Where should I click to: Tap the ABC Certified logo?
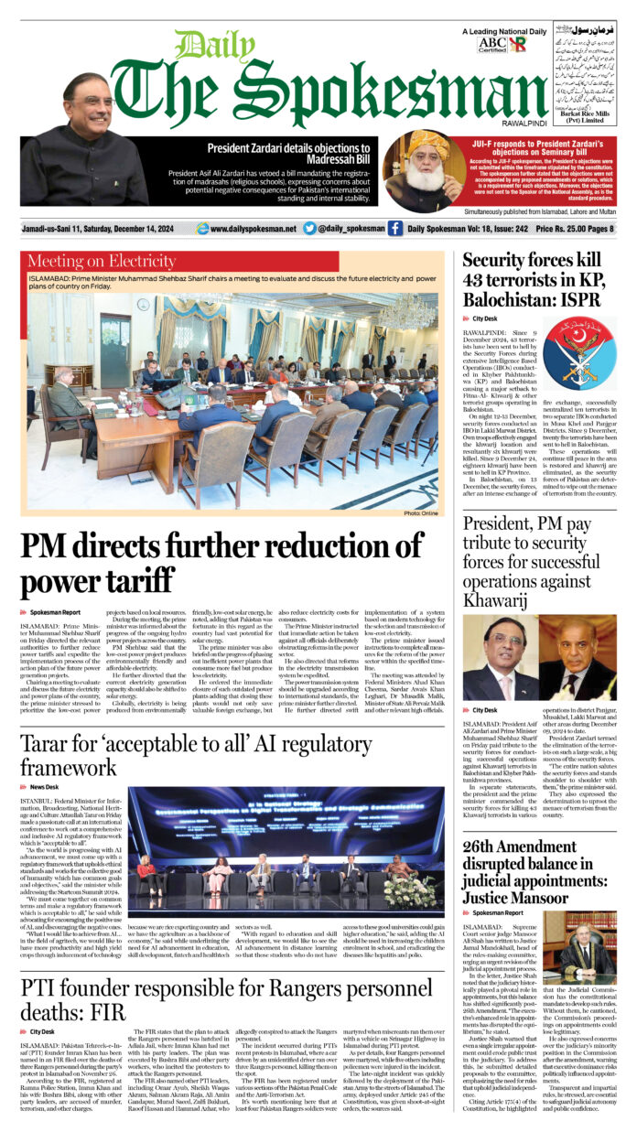click(492, 43)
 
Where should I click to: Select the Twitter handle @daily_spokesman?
click(344, 229)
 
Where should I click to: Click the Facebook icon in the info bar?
click(394, 229)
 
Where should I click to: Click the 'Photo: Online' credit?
click(425, 514)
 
